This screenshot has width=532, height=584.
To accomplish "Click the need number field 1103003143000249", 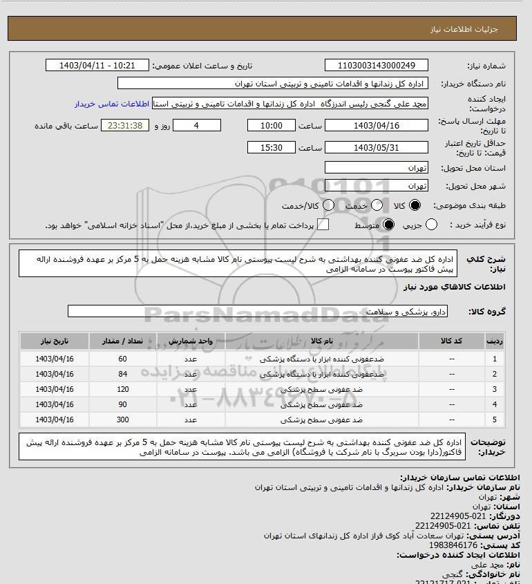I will pos(377,66).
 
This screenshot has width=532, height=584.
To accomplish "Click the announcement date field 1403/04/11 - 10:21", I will pos(97,66).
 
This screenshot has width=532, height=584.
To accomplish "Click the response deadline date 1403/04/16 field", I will pos(377,125).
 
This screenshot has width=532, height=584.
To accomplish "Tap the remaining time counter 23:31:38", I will pos(125,125).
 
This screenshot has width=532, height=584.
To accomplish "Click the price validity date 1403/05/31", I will pos(377,147).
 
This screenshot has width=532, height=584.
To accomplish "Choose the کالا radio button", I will pos(415,205).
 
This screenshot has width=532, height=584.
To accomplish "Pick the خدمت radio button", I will pos(377,205).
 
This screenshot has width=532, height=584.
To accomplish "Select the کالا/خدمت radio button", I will pos(328,205).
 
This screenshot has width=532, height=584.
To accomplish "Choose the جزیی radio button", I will pos(432,225).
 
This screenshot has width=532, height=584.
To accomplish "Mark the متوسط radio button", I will pos(388,225).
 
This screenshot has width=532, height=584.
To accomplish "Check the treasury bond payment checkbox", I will pos(322,225).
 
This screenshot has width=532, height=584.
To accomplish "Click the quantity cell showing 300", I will pos(123,419).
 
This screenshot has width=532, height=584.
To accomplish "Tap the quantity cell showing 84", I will pos(123,374).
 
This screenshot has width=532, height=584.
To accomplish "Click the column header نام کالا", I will pos(322,341).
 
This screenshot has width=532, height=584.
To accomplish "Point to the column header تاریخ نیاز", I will pos(55,341).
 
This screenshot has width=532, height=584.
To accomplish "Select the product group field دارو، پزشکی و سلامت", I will pos(258,312).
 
